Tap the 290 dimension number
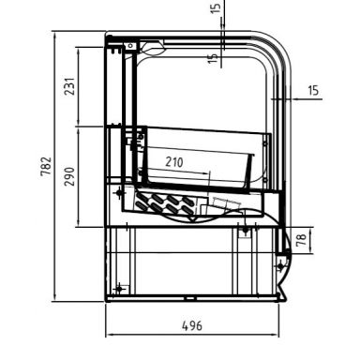click(x=68, y=176)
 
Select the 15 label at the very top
click(x=217, y=11)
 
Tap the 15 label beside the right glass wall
click(x=314, y=90)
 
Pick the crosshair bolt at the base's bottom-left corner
click(x=118, y=287)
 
